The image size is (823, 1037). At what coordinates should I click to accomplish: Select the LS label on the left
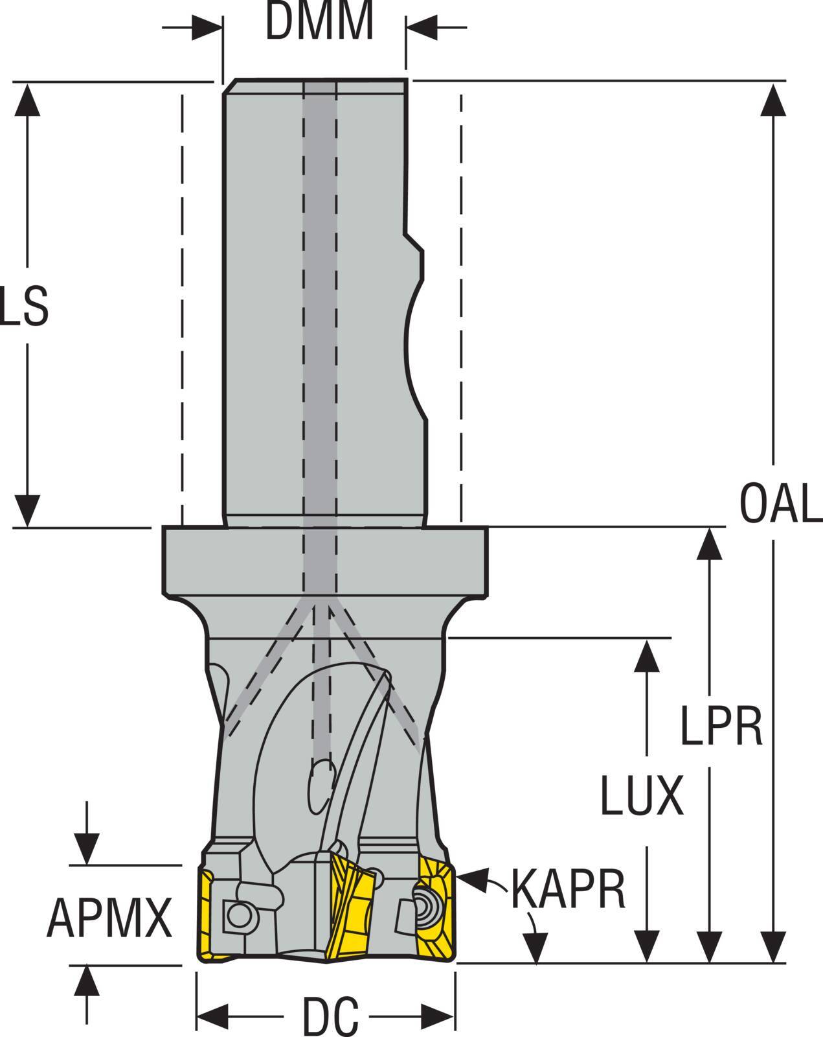point(24,307)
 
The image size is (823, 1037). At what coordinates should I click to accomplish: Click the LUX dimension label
point(642,796)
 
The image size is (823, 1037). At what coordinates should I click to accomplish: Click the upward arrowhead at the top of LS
point(27,99)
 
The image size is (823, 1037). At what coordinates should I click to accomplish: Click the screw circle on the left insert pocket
point(240,916)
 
